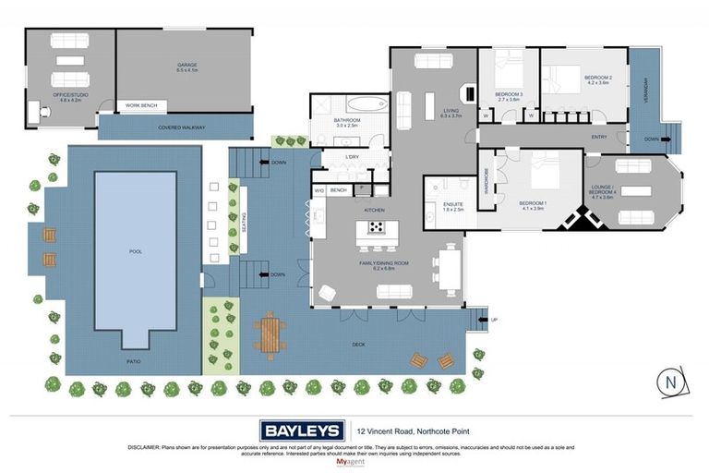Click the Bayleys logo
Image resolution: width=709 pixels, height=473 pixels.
pos(302,430)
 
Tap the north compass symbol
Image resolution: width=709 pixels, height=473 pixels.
pos(670,382)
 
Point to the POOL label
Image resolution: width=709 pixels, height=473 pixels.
pos(136,250)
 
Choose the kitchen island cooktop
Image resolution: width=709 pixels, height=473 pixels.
pos(378,228)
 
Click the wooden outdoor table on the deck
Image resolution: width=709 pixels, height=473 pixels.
pos(270,335)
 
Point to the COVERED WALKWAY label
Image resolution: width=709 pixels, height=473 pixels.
pos(181,127)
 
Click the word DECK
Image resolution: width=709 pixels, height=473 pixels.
pos(359,345)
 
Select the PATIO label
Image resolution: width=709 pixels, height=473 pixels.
pos(134,361)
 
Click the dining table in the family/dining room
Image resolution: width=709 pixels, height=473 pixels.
pos(450,270)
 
